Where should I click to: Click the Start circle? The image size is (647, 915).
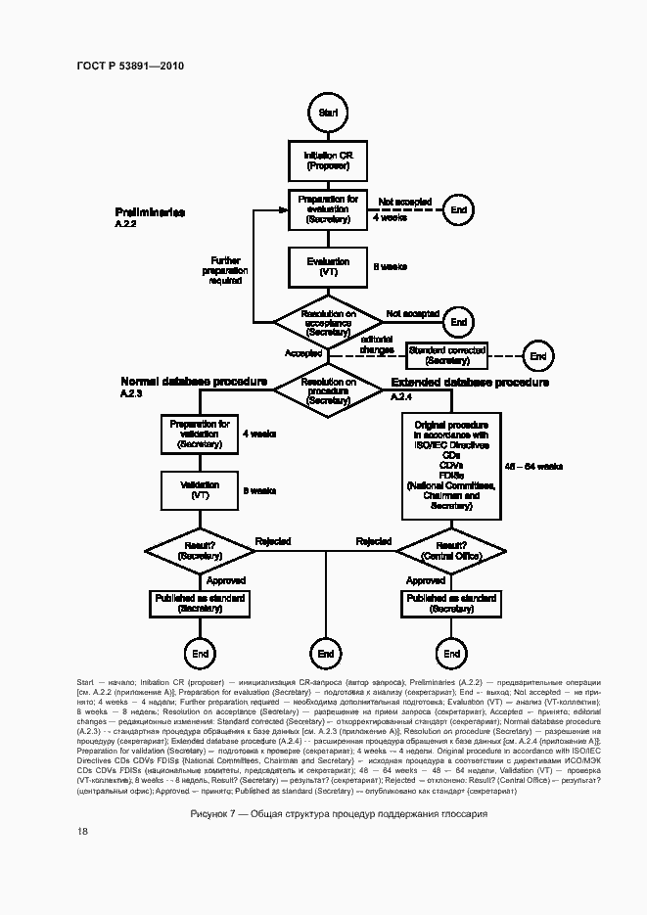[x=327, y=114]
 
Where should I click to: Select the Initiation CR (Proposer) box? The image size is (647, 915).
[x=328, y=161]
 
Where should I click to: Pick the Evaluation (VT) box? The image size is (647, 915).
[x=328, y=267]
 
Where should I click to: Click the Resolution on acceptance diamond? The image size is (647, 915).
[x=328, y=322]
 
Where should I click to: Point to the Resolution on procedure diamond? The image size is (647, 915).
[x=328, y=389]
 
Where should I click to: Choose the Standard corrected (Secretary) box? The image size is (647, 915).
[x=447, y=354]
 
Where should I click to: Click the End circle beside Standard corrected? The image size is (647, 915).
[x=537, y=355]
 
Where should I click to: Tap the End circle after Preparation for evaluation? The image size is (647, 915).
[x=458, y=210]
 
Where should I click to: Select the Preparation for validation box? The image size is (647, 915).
[x=200, y=434]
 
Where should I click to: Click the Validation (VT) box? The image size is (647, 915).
[x=200, y=490]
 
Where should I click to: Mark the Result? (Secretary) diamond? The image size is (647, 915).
[x=200, y=551]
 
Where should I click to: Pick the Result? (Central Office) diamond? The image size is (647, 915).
[x=451, y=551]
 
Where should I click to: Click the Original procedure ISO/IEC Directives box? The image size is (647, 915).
[x=451, y=465]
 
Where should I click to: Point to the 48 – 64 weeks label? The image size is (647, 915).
[x=532, y=466]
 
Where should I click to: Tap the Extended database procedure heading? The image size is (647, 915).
[x=470, y=383]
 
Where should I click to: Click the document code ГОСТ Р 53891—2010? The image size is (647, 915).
[x=130, y=66]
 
